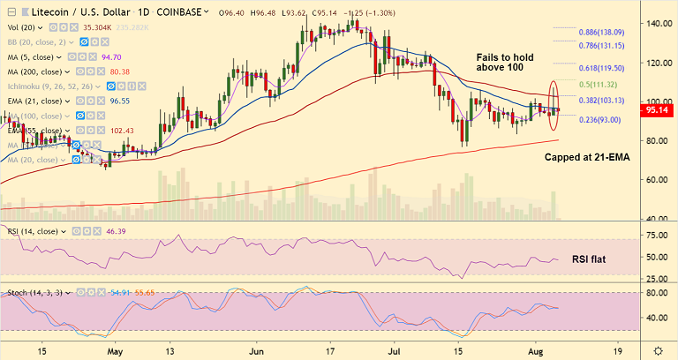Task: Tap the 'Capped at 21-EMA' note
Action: (x=585, y=155)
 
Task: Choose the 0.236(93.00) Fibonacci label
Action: (x=599, y=119)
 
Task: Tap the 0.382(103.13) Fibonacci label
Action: (x=601, y=101)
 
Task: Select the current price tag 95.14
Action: (x=659, y=111)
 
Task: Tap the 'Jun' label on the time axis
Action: (x=257, y=350)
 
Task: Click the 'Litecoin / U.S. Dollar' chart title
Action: (x=76, y=13)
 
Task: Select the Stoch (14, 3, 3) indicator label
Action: (x=34, y=290)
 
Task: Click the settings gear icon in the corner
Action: (x=657, y=350)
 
